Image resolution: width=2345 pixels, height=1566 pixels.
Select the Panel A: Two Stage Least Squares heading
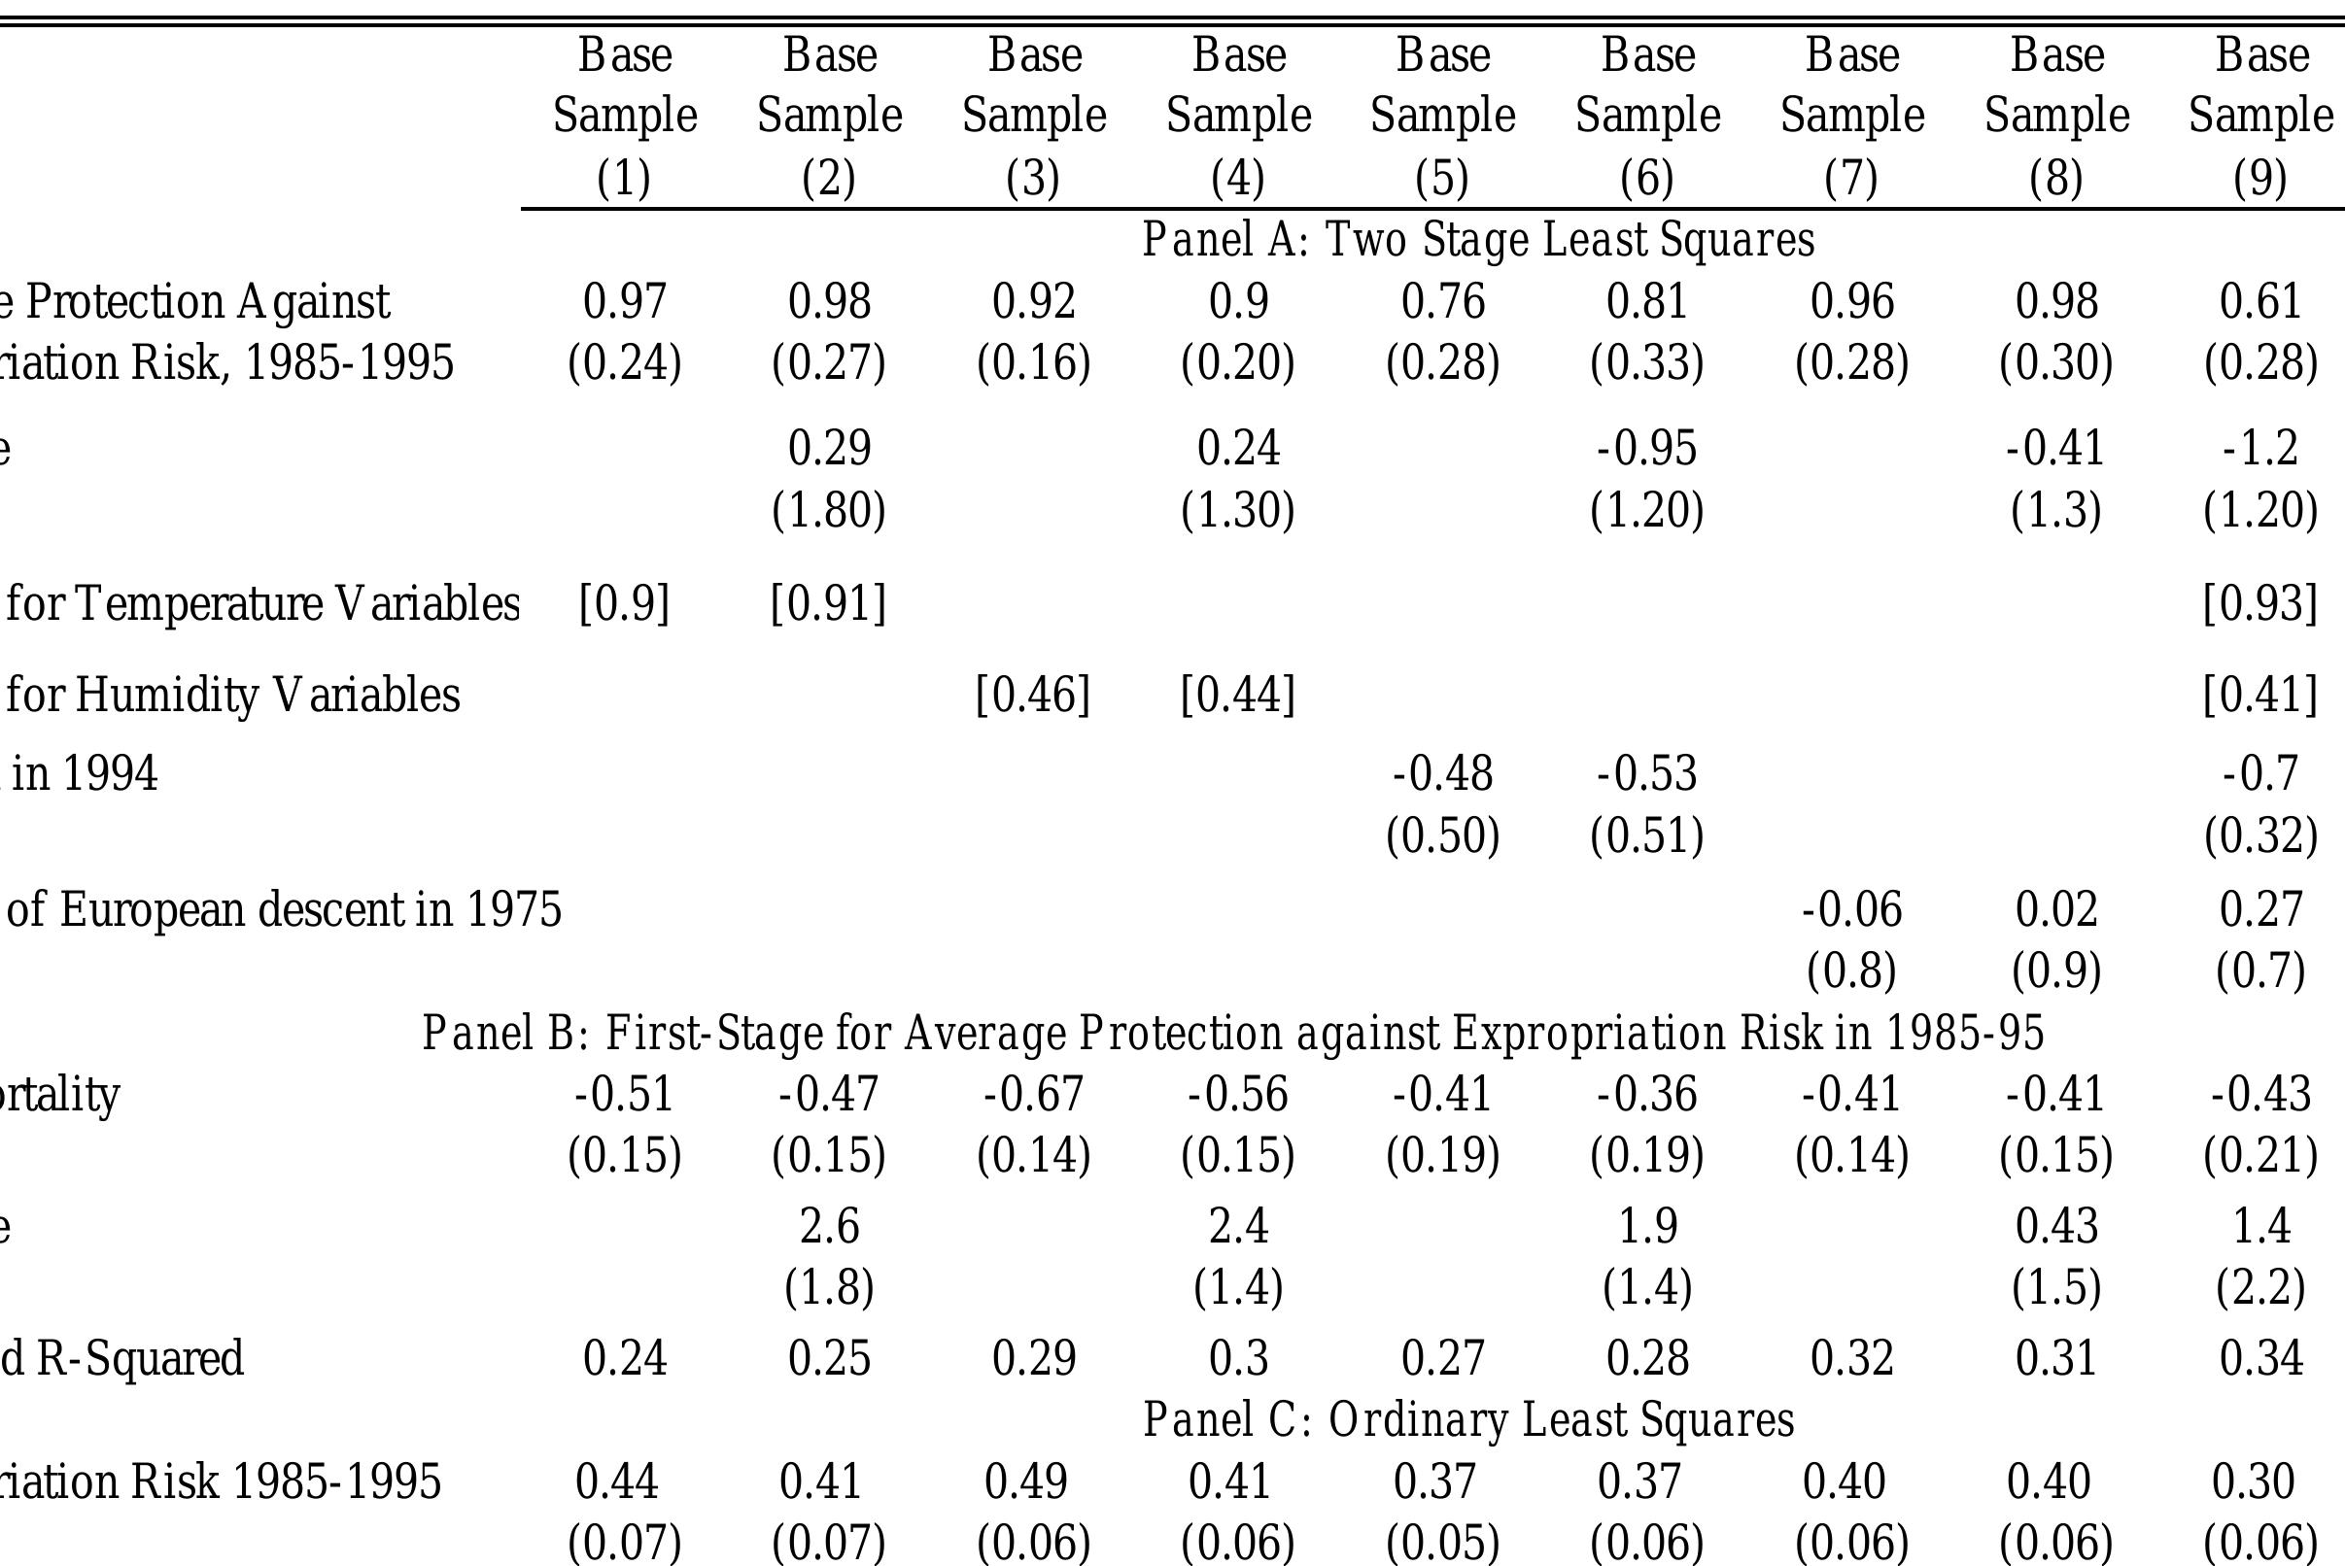(1478, 241)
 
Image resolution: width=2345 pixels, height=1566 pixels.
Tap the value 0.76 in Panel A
(1442, 301)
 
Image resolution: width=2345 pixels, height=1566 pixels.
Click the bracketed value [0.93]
(2260, 604)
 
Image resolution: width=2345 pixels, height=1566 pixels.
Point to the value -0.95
(1646, 449)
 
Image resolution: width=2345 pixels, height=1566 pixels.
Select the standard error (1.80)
(828, 510)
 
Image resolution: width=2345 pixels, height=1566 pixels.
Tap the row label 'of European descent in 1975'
(284, 910)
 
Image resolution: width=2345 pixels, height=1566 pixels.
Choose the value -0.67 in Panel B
(1033, 1095)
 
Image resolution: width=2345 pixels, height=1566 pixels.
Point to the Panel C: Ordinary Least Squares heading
(1467, 1420)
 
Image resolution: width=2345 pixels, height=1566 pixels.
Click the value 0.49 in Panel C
(1025, 1481)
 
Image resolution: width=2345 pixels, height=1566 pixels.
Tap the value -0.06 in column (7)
(1851, 910)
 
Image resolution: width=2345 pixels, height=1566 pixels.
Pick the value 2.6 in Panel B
(828, 1226)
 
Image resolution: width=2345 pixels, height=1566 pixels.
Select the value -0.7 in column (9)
(2260, 774)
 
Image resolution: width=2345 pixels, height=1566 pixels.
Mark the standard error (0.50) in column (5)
(1442, 835)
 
